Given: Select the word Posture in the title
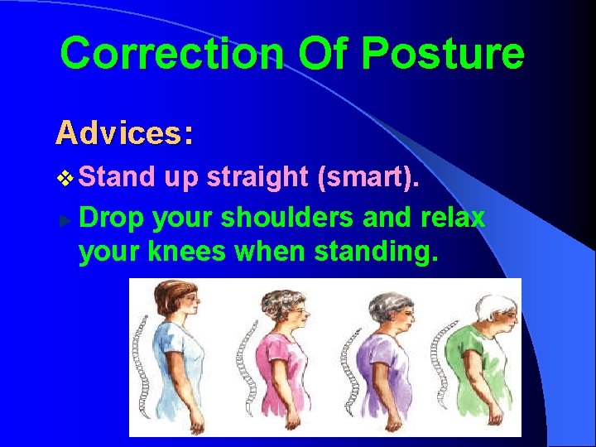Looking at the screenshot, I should coord(443,54).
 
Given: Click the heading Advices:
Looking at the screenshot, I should coord(124,132).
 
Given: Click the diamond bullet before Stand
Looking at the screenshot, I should coord(68,178).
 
